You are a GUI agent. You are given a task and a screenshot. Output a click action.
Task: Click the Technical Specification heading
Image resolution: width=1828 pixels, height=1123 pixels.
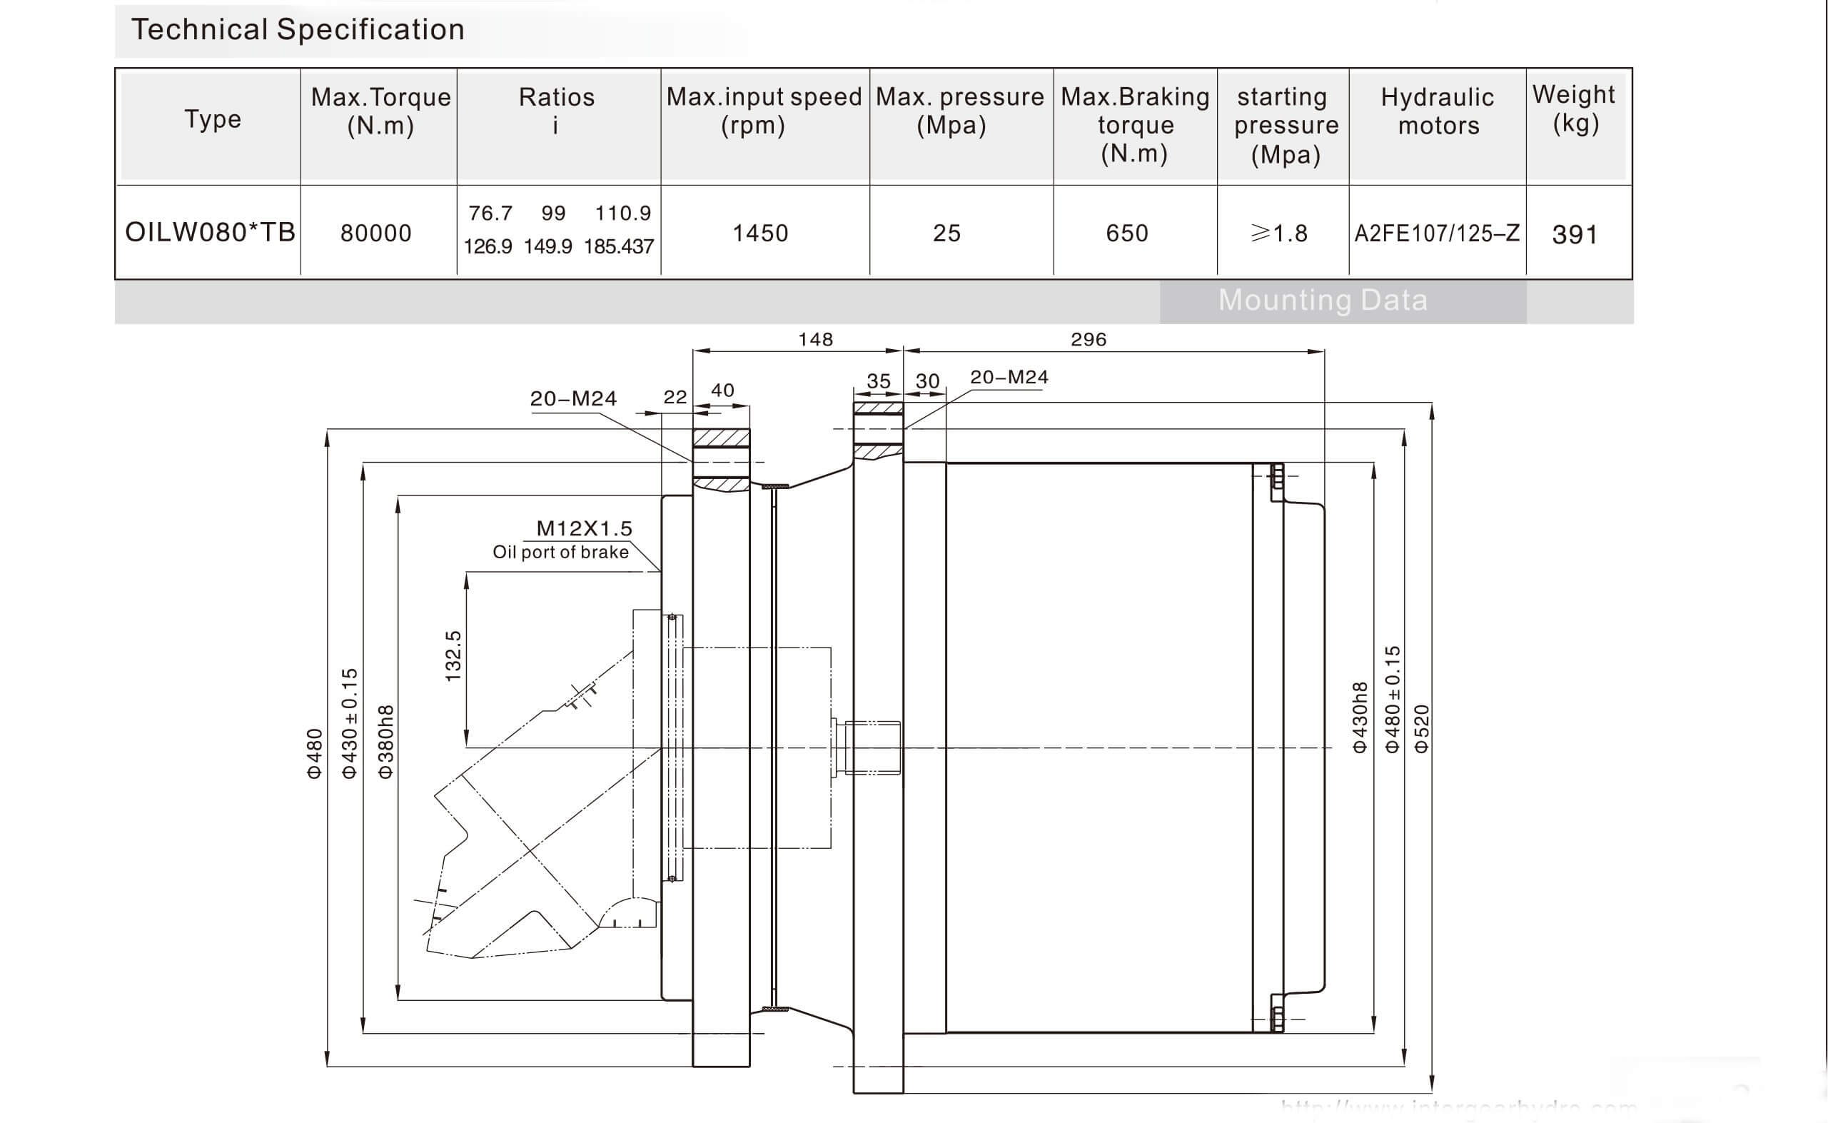click(298, 31)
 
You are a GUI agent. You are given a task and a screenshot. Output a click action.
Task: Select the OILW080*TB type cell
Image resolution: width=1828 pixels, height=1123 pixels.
click(210, 233)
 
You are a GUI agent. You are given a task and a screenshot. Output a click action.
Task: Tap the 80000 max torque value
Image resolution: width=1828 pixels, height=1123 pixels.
click(375, 233)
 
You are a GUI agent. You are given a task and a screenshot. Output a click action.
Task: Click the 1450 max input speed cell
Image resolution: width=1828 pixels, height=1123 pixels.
click(760, 233)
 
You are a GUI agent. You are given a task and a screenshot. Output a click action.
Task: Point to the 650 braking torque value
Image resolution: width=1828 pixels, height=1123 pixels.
click(1127, 233)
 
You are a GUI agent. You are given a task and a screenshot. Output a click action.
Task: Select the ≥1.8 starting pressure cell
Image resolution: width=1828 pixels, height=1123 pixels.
click(1279, 233)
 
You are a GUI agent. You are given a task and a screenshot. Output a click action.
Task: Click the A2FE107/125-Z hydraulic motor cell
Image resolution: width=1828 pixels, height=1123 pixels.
click(1437, 233)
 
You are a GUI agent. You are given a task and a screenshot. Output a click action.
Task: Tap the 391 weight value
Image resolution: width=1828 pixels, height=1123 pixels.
click(1574, 235)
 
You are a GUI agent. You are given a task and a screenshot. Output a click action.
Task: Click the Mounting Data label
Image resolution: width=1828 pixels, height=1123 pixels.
click(1323, 301)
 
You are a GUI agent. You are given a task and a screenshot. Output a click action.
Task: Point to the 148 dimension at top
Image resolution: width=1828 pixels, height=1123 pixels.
click(815, 339)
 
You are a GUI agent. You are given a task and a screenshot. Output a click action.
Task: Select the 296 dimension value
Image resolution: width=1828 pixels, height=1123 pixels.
click(1089, 339)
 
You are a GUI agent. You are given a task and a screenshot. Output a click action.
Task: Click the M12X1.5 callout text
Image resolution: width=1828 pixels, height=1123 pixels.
click(585, 529)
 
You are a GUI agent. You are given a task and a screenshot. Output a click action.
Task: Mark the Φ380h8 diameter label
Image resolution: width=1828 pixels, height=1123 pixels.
click(386, 741)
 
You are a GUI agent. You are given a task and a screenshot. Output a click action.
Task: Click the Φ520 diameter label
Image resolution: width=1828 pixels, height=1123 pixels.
click(1421, 729)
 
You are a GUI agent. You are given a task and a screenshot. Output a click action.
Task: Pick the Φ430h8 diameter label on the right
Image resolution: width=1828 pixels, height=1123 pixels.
click(1360, 717)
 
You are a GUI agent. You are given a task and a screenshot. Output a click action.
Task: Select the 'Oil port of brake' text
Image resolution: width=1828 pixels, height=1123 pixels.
click(560, 553)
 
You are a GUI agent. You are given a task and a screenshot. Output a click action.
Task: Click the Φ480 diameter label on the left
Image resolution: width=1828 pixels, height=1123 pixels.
click(315, 753)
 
